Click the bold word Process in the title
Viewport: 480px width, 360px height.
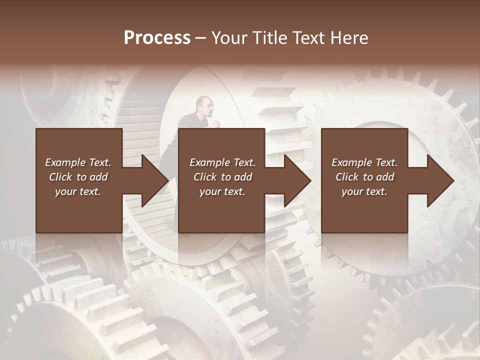click(157, 38)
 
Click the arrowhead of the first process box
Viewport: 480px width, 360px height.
click(152, 180)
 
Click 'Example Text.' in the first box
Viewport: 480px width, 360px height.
click(78, 162)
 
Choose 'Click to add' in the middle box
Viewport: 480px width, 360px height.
click(222, 177)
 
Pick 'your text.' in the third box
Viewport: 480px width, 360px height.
click(364, 191)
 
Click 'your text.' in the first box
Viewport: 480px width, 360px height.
click(78, 191)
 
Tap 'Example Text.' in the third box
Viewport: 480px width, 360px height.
click(364, 162)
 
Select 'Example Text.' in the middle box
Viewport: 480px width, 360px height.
click(222, 162)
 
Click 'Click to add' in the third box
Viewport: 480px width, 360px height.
click(364, 177)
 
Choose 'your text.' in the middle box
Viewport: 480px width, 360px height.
click(222, 191)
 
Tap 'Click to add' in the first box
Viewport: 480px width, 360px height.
click(78, 177)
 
